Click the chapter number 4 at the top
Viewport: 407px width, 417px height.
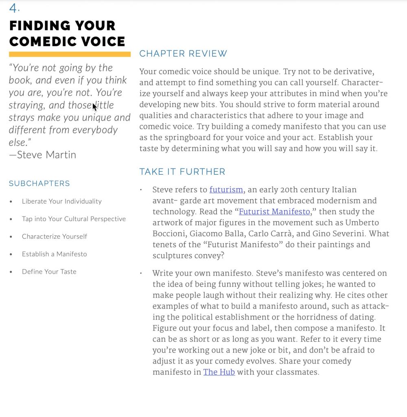pos(14,8)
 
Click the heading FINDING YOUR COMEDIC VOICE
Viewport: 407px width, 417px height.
pos(67,33)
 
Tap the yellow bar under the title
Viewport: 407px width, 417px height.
pos(70,54)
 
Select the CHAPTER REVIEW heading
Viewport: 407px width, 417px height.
pos(183,54)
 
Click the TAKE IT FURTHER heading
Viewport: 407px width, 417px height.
pos(182,172)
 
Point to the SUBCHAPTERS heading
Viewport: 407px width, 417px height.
pos(39,184)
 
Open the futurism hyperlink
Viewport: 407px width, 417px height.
pos(226,190)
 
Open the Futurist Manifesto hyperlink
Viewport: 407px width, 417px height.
pos(274,212)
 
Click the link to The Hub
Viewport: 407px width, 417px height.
pos(219,372)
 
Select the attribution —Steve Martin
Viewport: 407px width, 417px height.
pos(42,155)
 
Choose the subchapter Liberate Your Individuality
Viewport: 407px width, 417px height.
pos(61,201)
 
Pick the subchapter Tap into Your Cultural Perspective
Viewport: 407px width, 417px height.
pos(74,219)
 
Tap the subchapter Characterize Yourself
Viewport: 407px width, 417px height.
pos(55,236)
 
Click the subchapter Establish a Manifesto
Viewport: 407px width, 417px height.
pos(54,254)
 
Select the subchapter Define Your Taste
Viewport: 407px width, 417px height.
pos(49,272)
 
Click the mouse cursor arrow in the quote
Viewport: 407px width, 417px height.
pos(94,107)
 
